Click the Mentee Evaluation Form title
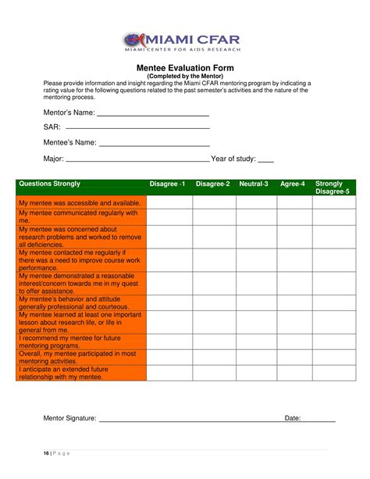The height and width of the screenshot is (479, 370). [185, 68]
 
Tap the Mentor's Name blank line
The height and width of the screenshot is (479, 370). [153, 115]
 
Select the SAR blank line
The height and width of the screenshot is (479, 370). [138, 128]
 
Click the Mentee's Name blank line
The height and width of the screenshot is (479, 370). [154, 145]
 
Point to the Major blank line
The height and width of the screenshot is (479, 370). [137, 160]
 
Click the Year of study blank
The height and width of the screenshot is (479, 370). [265, 160]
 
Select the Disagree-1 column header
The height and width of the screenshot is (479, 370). [168, 184]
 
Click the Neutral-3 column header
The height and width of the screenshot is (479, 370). [254, 184]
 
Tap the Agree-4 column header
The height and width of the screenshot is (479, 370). [293, 184]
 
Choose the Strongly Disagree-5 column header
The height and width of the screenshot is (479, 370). [333, 188]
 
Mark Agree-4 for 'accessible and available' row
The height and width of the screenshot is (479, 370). [294, 202]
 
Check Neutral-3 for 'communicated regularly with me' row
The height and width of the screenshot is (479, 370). [256, 216]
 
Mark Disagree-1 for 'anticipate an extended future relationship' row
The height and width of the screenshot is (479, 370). [169, 373]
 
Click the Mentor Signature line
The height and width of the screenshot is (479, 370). [187, 420]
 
